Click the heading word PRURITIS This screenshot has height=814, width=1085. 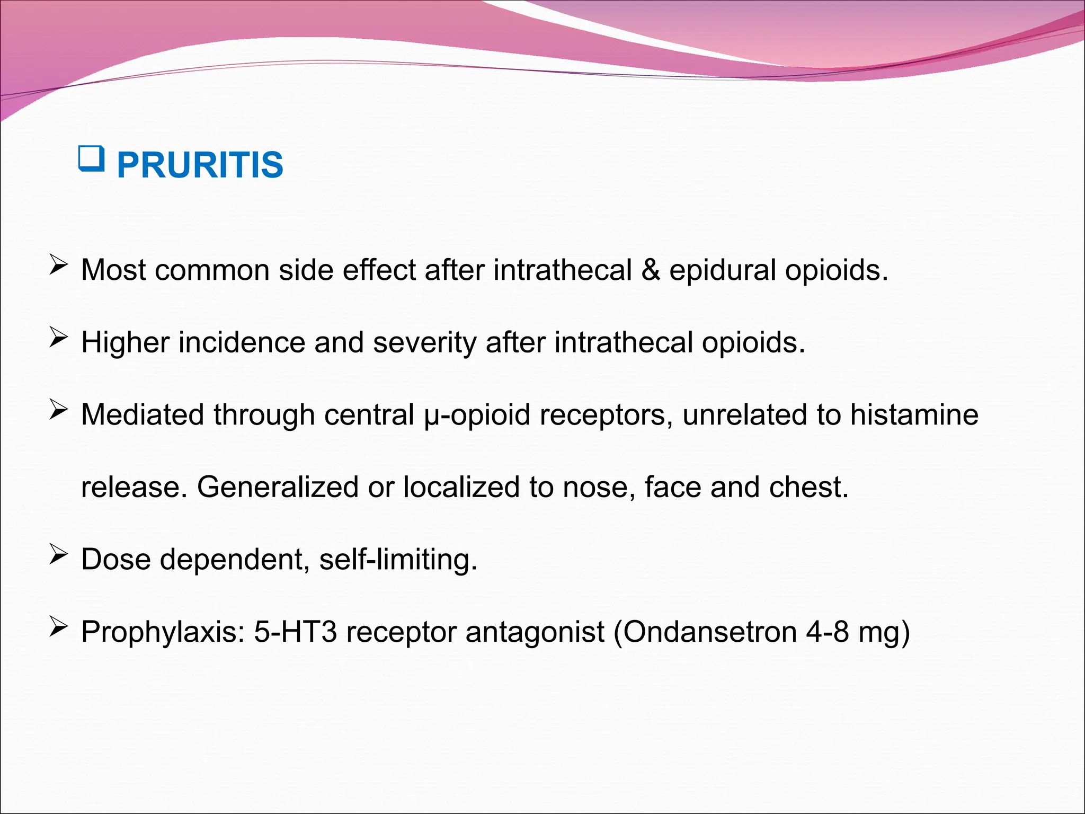[200, 165]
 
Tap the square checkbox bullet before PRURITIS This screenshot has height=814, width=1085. [91, 159]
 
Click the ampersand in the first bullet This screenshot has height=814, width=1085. [651, 270]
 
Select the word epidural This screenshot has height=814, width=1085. [723, 270]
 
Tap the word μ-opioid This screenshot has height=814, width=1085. [477, 414]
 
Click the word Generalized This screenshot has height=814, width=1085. [278, 487]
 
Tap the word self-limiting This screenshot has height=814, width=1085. [398, 559]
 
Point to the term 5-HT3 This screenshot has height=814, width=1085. [295, 632]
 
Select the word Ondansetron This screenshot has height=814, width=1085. [709, 632]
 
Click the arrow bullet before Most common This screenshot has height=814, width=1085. [58, 266]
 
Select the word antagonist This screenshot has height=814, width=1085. [535, 632]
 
